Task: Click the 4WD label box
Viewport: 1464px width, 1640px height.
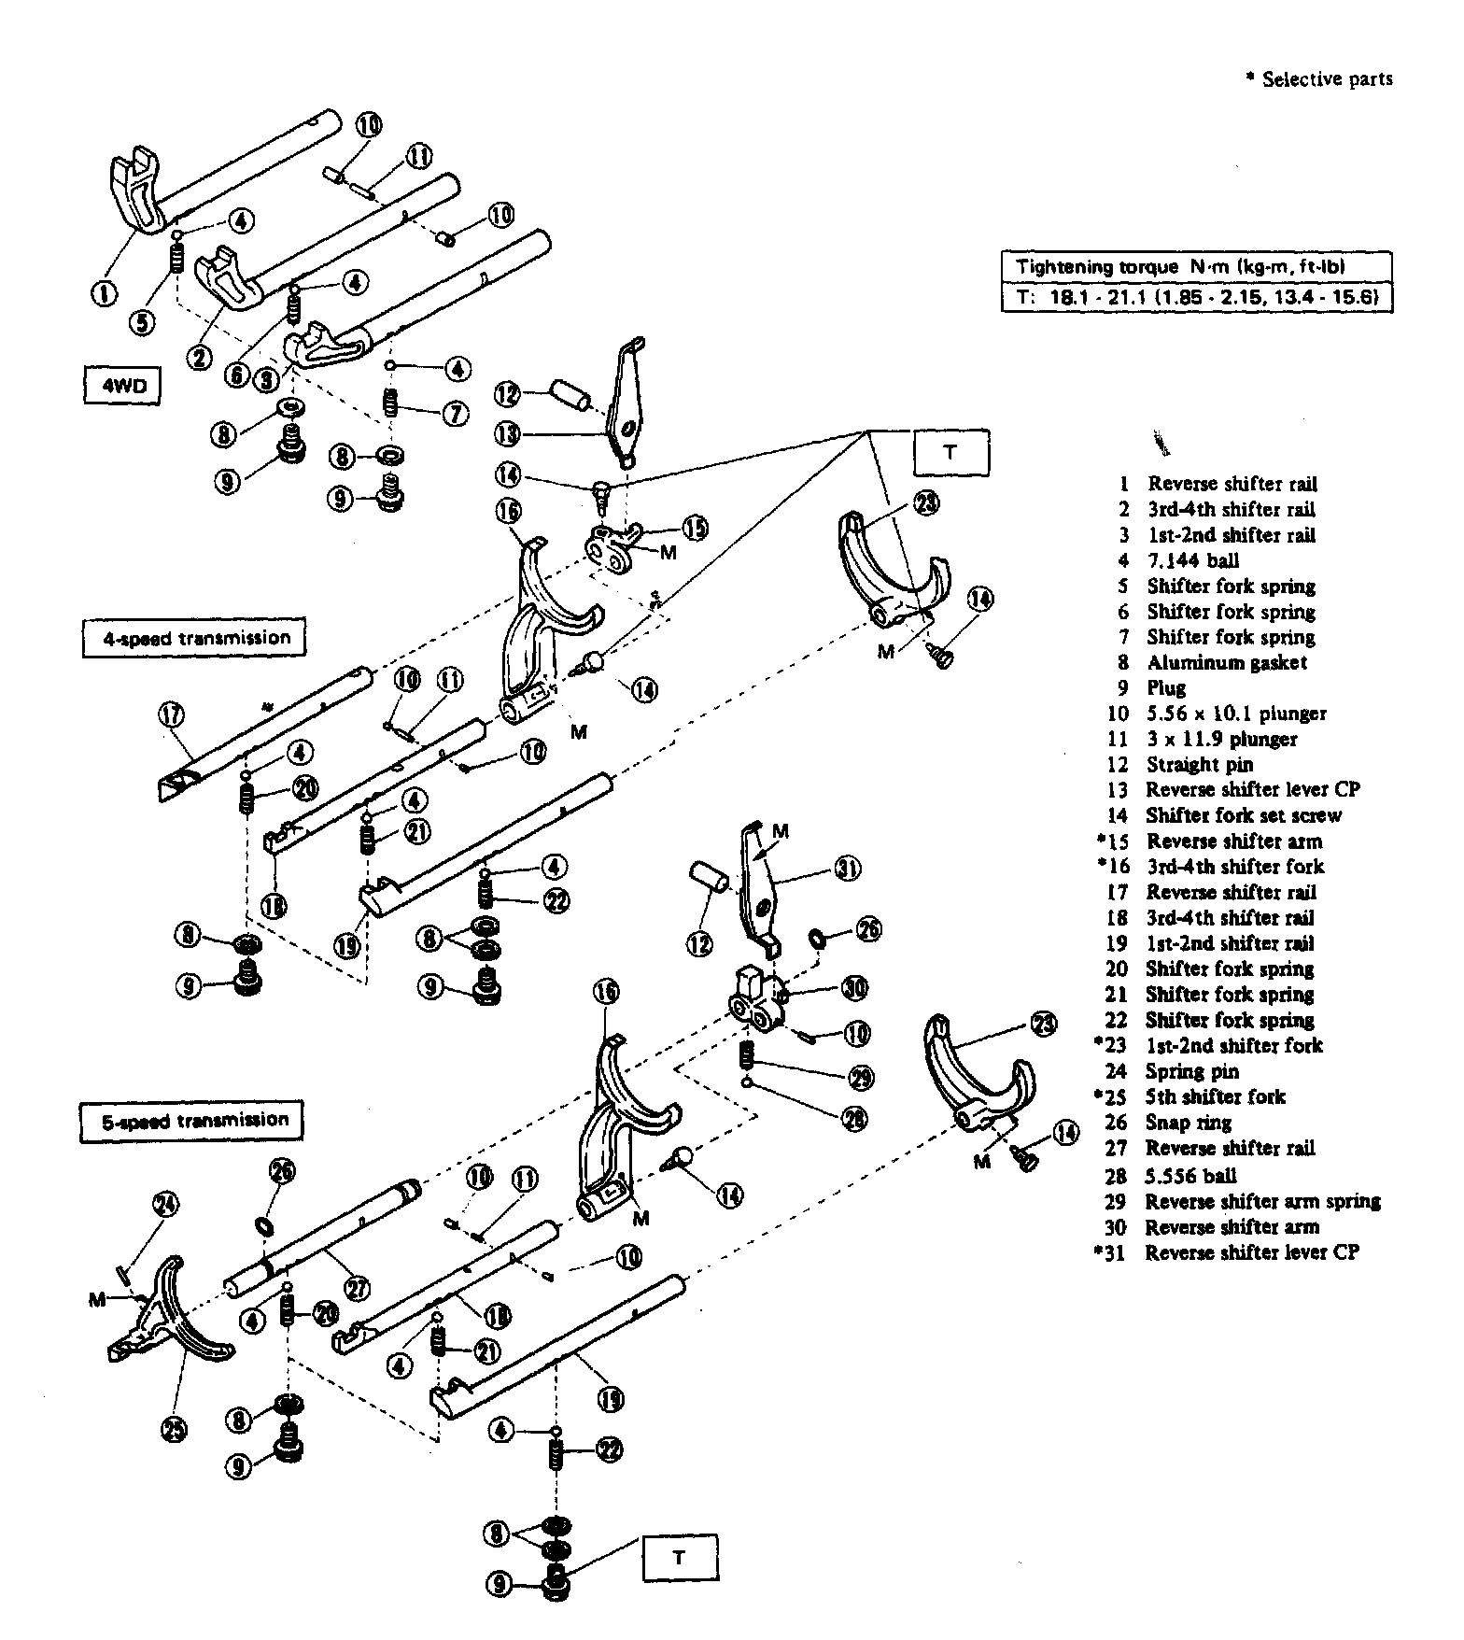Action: pyautogui.click(x=120, y=387)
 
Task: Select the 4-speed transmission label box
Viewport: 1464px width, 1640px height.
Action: pyautogui.click(x=194, y=639)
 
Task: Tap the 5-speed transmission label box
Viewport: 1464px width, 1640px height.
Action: pyautogui.click(x=191, y=1120)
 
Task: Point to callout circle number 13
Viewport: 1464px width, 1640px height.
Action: pyautogui.click(x=510, y=434)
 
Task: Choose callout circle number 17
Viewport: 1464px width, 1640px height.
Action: pyautogui.click(x=171, y=715)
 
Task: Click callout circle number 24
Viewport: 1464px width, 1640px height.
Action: pyautogui.click(x=169, y=1206)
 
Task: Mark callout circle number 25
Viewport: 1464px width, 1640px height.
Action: pyautogui.click(x=175, y=1428)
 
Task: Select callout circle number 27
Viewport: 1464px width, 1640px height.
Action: pyautogui.click(x=357, y=1288)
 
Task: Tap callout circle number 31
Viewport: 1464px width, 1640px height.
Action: pyautogui.click(x=846, y=869)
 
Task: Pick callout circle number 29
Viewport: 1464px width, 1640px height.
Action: pyautogui.click(x=860, y=1078)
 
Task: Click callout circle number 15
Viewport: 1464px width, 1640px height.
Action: pyautogui.click(x=694, y=528)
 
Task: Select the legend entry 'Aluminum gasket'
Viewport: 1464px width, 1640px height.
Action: pyautogui.click(x=1226, y=662)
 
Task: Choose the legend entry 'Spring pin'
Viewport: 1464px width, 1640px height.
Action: pyautogui.click(x=1192, y=1071)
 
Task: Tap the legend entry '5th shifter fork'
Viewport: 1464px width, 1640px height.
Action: pyautogui.click(x=1215, y=1096)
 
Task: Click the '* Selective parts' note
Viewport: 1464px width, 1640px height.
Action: pyautogui.click(x=1319, y=79)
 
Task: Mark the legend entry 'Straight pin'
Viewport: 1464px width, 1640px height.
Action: pyautogui.click(x=1200, y=764)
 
